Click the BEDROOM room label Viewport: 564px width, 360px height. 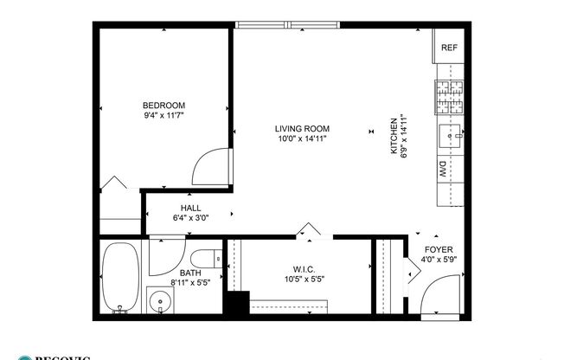pos(163,105)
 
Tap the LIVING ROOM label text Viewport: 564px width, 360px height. pos(303,128)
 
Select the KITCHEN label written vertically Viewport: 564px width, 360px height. pos(393,137)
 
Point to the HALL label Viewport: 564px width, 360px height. pos(190,208)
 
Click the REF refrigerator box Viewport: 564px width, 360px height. pos(449,48)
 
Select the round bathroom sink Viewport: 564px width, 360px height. pos(159,303)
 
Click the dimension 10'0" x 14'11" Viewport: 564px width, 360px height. pos(303,138)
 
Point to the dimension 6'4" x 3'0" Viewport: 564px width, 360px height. pos(190,218)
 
